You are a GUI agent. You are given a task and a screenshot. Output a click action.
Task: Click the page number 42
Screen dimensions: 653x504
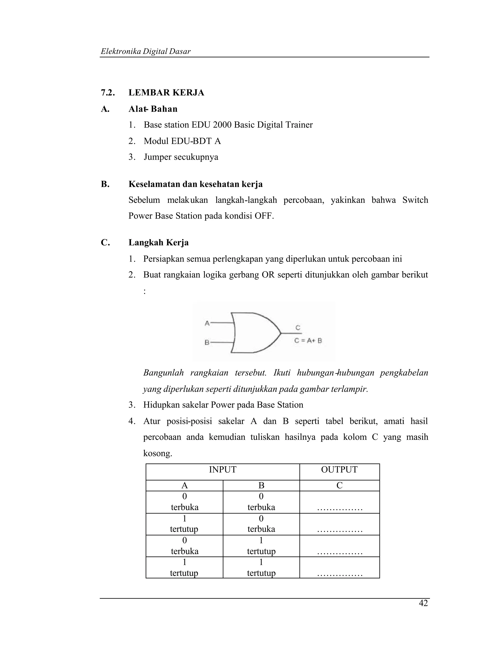pos(423,603)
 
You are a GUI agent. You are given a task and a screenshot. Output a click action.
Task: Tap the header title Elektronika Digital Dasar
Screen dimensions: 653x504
pos(145,52)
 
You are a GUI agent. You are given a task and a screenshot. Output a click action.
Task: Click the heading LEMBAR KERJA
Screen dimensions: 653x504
pos(166,93)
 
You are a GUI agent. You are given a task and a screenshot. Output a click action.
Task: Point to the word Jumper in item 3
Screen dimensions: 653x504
pos(157,157)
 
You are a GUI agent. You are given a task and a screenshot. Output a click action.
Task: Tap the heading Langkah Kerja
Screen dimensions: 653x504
pos(158,242)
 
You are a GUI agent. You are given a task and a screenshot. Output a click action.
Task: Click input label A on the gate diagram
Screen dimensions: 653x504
pos(207,323)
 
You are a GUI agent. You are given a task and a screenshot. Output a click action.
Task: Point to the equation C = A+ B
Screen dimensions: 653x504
pos(308,340)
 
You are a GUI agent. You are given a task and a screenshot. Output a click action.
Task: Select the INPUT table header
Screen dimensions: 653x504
pos(222,470)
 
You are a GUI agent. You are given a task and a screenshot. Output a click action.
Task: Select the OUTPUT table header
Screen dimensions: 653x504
pos(339,470)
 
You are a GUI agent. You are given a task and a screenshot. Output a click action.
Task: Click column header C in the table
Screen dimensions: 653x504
pos(339,485)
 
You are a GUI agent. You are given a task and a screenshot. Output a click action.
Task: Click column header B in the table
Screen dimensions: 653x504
pos(261,485)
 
